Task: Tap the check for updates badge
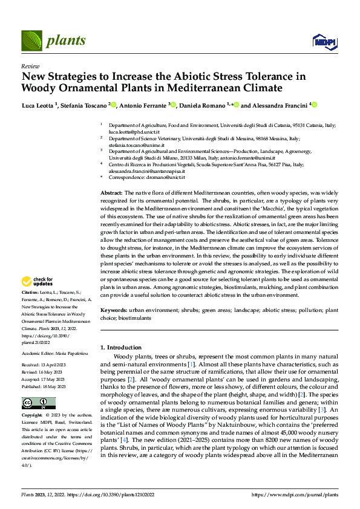tap(38, 282)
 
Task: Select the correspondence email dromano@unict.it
tap(163, 178)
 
